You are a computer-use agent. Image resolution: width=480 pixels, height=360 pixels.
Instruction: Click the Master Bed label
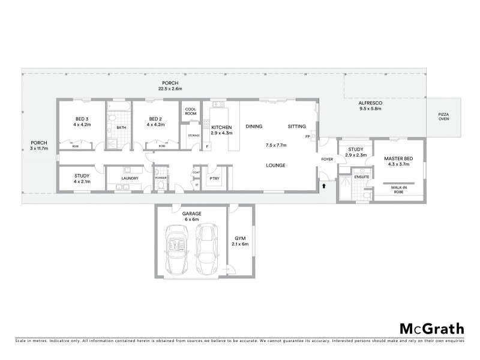396,161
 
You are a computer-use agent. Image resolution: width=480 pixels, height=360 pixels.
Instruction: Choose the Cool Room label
191,111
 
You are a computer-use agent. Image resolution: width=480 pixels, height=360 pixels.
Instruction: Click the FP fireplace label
307,137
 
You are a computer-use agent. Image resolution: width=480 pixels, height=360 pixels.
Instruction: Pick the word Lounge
276,164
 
